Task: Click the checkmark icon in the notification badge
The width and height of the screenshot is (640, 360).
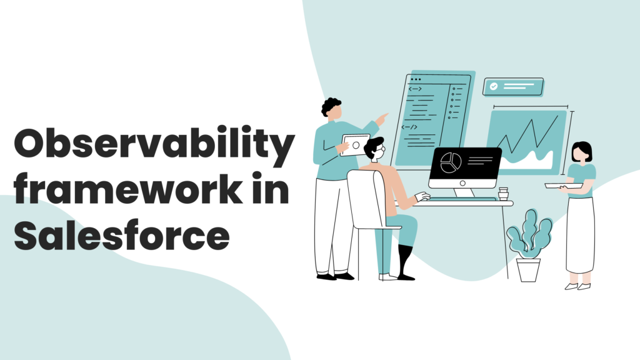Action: (x=494, y=86)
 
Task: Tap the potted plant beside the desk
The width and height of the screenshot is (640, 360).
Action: (x=529, y=246)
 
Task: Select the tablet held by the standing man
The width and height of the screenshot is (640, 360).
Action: (x=355, y=145)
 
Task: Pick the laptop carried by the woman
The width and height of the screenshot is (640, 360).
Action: (x=563, y=186)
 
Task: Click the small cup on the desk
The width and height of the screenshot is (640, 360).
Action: (x=503, y=194)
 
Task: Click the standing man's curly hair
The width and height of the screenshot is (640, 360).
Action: (x=331, y=106)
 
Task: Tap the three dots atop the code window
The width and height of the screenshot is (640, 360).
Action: (x=416, y=79)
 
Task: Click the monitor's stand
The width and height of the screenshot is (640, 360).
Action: (x=464, y=192)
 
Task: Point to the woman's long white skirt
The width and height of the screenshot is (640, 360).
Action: (x=580, y=236)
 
